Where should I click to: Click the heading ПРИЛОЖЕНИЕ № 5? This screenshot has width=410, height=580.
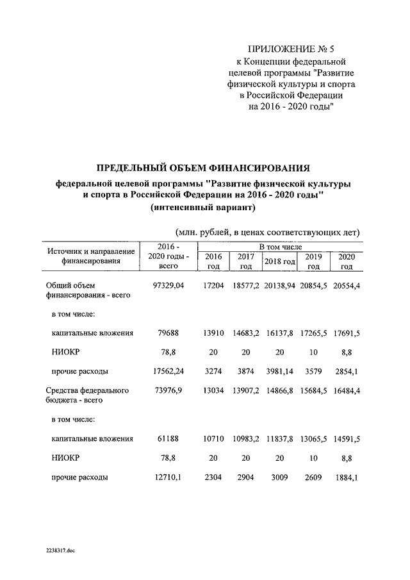coord(291,49)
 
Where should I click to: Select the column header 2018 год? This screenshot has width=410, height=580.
coord(279,261)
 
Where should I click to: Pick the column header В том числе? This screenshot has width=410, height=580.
coord(280,247)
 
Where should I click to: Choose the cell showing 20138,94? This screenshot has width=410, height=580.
coord(279,285)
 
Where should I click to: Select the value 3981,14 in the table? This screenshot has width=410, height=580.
coord(279,371)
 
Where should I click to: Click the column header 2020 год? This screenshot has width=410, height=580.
coord(347,261)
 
